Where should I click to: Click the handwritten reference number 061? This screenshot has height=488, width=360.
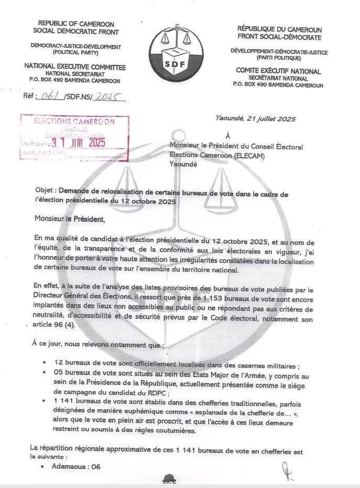click(51, 96)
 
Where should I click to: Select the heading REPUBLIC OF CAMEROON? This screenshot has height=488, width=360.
click(77, 24)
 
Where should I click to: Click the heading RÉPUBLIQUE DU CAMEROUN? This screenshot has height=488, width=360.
click(279, 29)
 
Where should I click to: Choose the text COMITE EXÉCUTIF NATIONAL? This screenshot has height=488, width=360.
click(279, 71)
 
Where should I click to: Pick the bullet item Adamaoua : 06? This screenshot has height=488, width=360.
click(75, 467)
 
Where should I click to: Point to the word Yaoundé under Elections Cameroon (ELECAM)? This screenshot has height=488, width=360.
click(183, 164)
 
